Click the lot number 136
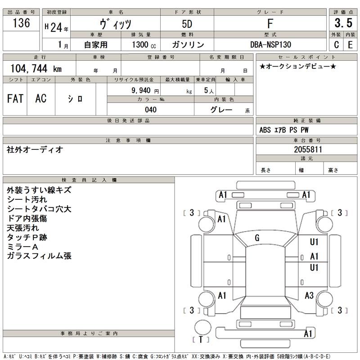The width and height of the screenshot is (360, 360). [22, 23]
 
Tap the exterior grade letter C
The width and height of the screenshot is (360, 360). [336, 45]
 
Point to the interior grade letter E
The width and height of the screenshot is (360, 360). [350, 45]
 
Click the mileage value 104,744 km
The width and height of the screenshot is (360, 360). [36, 68]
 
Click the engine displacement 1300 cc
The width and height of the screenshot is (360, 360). [144, 45]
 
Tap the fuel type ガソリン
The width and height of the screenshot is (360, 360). [188, 45]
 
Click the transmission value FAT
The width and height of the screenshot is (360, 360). [15, 99]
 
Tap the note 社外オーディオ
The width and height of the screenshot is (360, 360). [35, 149]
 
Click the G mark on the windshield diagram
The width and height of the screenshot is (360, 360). [257, 238]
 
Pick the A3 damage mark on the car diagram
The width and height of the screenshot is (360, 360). [309, 296]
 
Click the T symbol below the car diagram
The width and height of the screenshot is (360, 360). [201, 339]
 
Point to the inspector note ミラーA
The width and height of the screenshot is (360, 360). [23, 247]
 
